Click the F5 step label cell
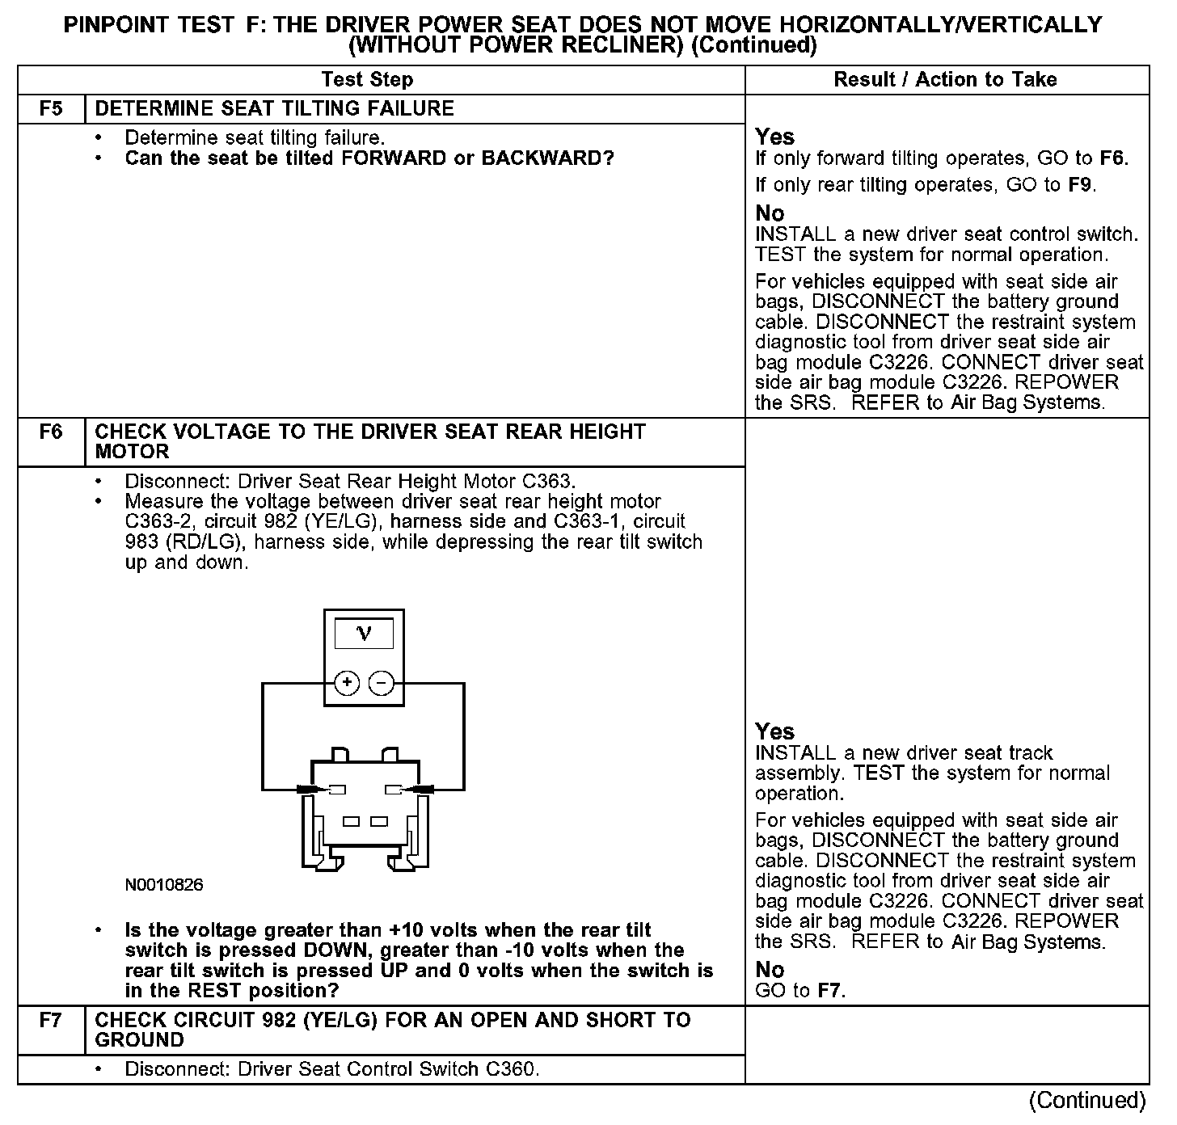coord(51,109)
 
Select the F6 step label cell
coord(51,432)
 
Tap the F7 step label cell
coord(51,1021)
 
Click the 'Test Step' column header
coord(367,79)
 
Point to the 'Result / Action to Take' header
coord(945,79)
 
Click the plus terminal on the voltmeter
coord(347,683)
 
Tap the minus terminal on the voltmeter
coord(381,683)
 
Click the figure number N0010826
coord(164,885)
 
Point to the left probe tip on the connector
coord(310,789)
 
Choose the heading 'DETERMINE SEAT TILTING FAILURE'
coord(274,109)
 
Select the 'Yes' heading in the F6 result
coord(774,731)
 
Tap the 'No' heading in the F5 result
coord(770,213)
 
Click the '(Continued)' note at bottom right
coord(1087,1101)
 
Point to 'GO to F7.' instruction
coord(800,991)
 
